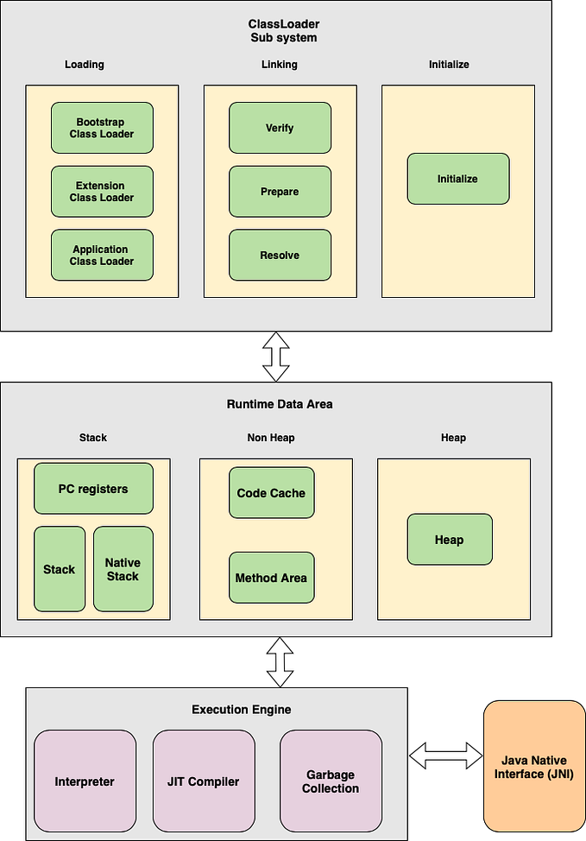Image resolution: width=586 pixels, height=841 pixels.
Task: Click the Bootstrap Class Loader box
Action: click(102, 128)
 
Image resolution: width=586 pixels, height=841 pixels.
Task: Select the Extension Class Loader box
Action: click(102, 192)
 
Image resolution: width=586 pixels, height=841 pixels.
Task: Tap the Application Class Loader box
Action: click(102, 256)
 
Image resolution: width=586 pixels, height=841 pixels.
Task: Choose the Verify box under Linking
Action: click(280, 128)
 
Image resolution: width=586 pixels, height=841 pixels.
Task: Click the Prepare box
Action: click(280, 192)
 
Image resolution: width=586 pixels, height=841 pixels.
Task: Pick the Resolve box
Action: click(280, 256)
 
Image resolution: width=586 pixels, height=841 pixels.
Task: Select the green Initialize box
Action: click(457, 179)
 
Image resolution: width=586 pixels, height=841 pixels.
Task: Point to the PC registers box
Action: click(93, 489)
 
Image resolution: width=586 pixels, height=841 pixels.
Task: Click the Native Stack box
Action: click(123, 569)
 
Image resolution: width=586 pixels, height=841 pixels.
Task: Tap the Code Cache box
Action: click(271, 493)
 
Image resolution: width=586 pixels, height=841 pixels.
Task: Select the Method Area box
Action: click(271, 578)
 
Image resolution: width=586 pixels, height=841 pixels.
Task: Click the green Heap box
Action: click(449, 540)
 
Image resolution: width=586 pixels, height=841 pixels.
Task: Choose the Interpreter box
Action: click(85, 781)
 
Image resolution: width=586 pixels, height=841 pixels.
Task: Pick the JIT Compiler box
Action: click(204, 781)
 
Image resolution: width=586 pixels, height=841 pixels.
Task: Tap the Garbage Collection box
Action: click(331, 781)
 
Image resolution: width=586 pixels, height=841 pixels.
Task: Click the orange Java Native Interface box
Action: click(533, 767)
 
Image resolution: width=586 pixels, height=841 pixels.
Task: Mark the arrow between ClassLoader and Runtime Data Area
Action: click(276, 357)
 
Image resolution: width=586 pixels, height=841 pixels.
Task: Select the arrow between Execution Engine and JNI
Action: click(445, 756)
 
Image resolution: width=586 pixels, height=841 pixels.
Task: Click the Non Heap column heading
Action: click(271, 438)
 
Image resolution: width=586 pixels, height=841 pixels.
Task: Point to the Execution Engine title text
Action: click(241, 710)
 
